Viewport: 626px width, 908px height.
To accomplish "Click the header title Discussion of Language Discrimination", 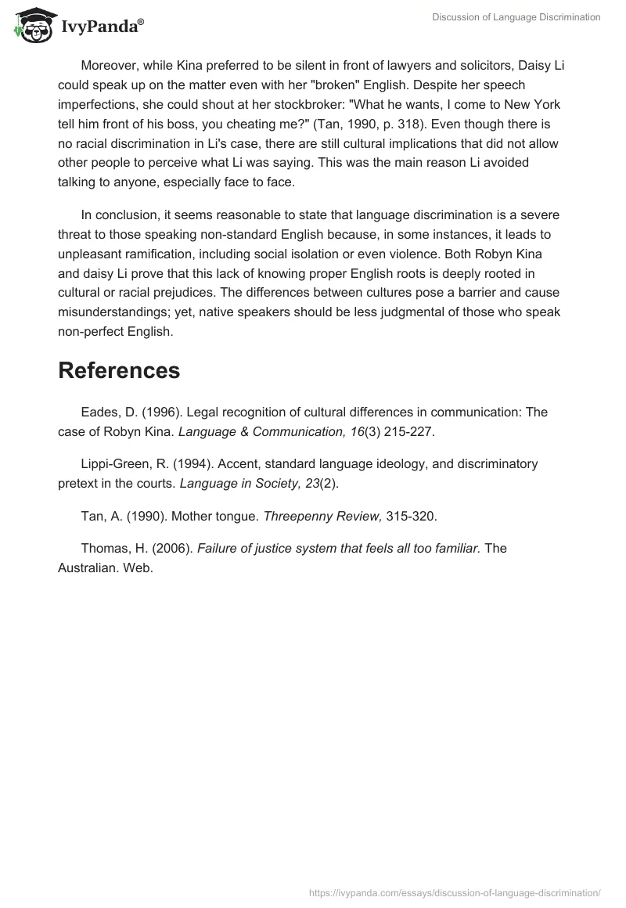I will (x=516, y=16).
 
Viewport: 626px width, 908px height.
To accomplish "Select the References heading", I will (x=119, y=370).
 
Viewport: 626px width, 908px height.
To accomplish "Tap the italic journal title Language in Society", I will (x=233, y=483).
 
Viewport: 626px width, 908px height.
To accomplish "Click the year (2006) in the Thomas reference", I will (x=174, y=548).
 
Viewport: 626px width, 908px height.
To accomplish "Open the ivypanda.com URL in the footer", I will (x=455, y=892).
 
